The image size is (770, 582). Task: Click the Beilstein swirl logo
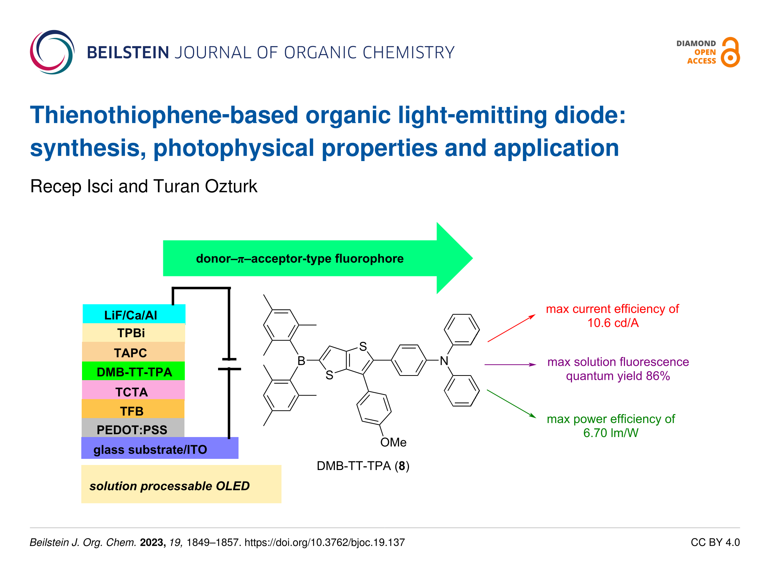pos(52,52)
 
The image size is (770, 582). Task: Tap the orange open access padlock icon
pos(730,53)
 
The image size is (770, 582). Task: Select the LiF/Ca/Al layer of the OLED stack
pos(134,314)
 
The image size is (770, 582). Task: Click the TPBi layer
pos(133,333)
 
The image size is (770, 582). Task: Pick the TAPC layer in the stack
pos(133,352)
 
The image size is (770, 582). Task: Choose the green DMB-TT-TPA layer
pos(133,372)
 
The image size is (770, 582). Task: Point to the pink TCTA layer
pos(133,391)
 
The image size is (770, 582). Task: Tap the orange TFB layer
pos(133,410)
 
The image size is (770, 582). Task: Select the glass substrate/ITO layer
pos(159,449)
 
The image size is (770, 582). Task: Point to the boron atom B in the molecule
pos(301,361)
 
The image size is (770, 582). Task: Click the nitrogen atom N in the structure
pos(444,361)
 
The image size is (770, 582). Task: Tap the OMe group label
pos(393,442)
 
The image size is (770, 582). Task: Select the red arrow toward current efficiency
pos(511,328)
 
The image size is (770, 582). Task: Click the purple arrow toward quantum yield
pos(510,364)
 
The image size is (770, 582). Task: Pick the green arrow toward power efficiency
pos(511,404)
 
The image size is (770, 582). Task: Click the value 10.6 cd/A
pos(613,323)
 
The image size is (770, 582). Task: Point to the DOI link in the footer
pos(324,543)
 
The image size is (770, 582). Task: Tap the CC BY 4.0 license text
pos(715,543)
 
